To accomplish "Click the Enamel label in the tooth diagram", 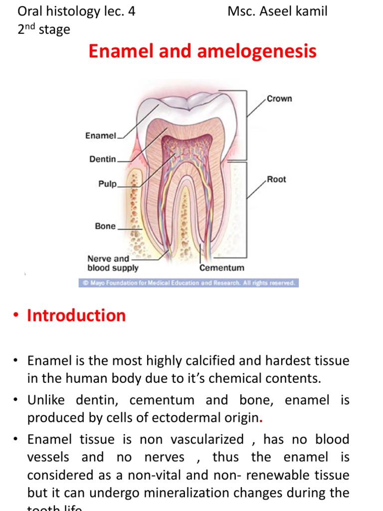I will pos(101,135).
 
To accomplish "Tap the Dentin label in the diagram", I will pos(103,159).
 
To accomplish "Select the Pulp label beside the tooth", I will pos(107,184).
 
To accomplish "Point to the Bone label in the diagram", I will pos(105,226).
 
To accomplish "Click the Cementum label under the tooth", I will pos(222,267).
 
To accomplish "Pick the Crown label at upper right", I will pos(279,98).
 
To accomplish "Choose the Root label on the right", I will pos(276,179).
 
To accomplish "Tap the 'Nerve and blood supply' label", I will pos(113,263).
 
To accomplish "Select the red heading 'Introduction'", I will pos(76,315).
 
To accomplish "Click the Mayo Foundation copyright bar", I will pos(189,283).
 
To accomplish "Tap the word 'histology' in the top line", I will pos(77,11).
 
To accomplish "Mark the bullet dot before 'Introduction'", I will pos(16,315).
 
